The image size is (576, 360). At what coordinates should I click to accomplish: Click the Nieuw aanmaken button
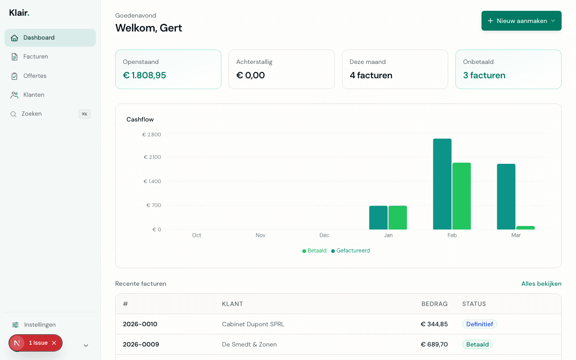(521, 21)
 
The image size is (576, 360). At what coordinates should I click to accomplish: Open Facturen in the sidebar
(36, 57)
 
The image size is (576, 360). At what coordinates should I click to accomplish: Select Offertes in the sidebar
(35, 76)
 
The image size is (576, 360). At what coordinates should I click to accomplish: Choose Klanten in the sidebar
(34, 95)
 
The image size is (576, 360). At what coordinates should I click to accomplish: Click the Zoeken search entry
(31, 114)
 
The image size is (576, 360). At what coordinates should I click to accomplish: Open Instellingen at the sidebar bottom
(40, 325)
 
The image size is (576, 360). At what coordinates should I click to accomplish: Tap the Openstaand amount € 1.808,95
(144, 76)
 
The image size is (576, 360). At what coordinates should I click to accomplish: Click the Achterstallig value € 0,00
(250, 76)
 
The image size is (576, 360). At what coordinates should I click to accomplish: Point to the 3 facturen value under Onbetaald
(484, 76)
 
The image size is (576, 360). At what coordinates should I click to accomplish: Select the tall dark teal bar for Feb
(442, 184)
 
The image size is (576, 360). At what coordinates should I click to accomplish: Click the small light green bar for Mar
(525, 228)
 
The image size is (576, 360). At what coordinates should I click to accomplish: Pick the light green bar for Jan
(397, 218)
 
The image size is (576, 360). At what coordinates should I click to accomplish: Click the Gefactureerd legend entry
(353, 251)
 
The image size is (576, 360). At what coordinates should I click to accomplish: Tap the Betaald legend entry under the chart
(317, 251)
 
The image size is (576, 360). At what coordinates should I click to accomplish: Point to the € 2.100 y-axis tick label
(152, 157)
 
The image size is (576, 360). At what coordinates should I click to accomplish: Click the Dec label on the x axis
(324, 235)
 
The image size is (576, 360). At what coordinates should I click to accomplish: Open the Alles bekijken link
(541, 284)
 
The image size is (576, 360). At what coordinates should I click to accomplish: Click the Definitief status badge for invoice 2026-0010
(479, 324)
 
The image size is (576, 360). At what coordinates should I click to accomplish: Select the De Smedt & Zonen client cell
(249, 345)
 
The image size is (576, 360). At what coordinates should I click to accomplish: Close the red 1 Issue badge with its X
(54, 343)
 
